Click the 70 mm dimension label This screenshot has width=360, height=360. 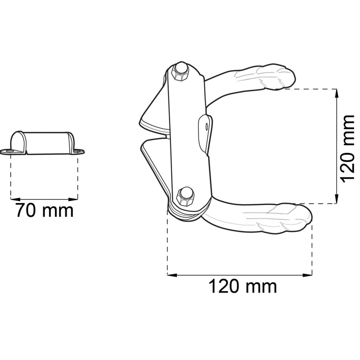click(x=45, y=210)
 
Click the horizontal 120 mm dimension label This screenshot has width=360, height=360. click(x=243, y=286)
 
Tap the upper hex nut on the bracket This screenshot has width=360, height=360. click(x=180, y=72)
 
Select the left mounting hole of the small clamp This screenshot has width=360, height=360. click(x=9, y=151)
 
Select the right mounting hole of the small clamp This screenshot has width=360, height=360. click(x=78, y=151)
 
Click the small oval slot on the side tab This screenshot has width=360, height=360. click(x=207, y=126)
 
